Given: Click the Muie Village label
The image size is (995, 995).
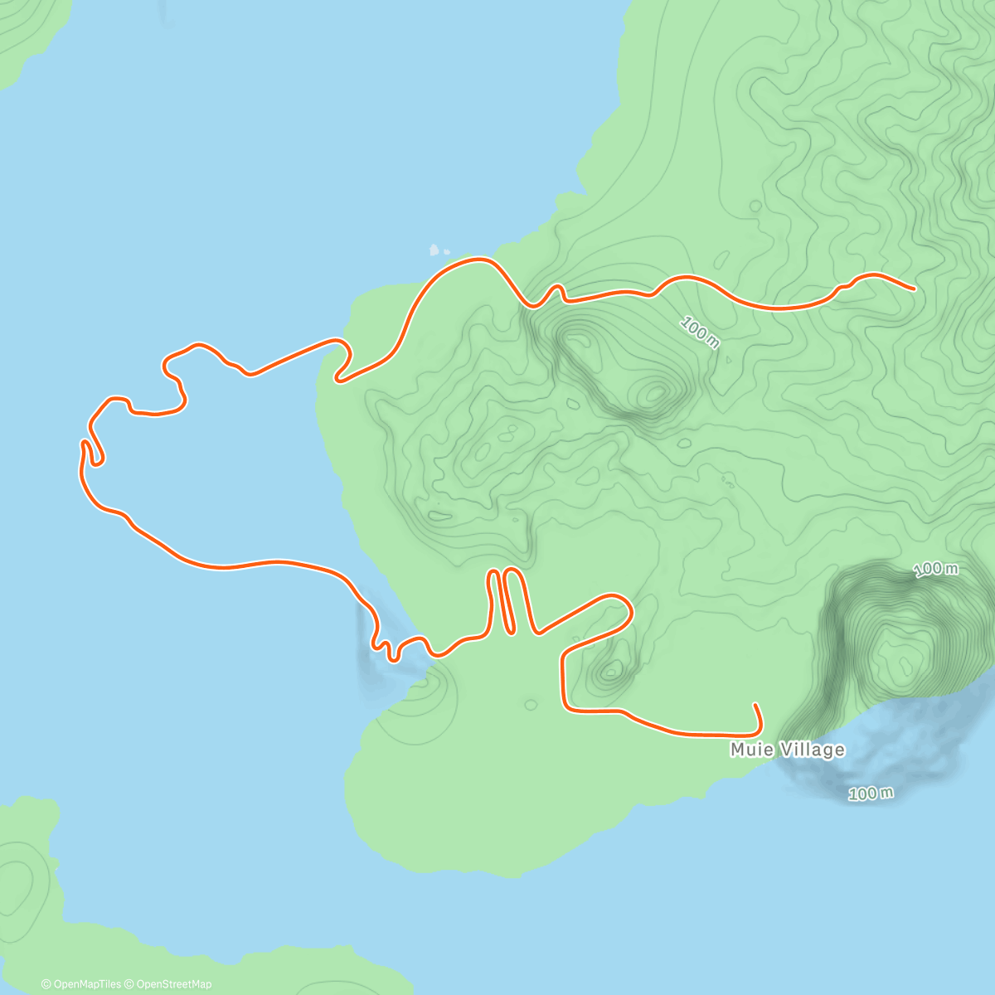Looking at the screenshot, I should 787,750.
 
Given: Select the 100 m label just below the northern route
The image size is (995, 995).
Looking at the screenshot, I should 699,332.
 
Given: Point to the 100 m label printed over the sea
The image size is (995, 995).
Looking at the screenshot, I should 871,794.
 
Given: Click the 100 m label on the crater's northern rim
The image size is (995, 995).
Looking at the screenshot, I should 935,569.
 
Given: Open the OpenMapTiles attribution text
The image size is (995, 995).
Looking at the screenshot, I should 81,984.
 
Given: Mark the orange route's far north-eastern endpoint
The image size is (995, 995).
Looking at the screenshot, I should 913,289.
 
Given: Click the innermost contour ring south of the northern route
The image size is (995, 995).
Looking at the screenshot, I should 655,392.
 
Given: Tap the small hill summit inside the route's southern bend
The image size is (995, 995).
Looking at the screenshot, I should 612,671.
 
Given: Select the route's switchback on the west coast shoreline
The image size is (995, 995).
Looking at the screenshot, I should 340,369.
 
